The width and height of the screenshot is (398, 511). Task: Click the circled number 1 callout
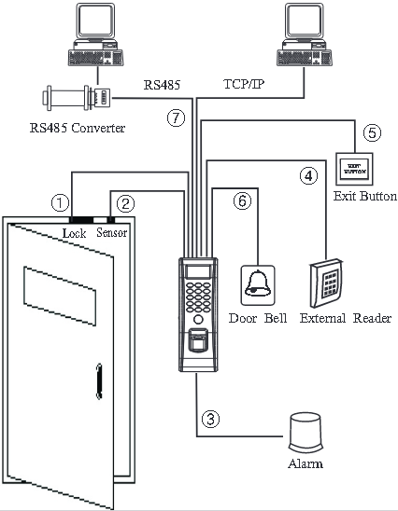(60, 200)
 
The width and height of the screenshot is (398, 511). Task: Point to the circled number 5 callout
(372, 131)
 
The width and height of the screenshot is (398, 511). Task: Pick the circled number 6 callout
(242, 200)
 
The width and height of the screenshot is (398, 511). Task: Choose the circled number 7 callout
(173, 117)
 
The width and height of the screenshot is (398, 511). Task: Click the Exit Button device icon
(352, 169)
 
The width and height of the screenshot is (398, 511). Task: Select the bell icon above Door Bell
(258, 283)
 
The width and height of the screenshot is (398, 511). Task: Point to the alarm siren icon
(306, 432)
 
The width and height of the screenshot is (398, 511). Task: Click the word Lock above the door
(75, 232)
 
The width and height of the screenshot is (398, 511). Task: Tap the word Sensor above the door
(111, 232)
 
